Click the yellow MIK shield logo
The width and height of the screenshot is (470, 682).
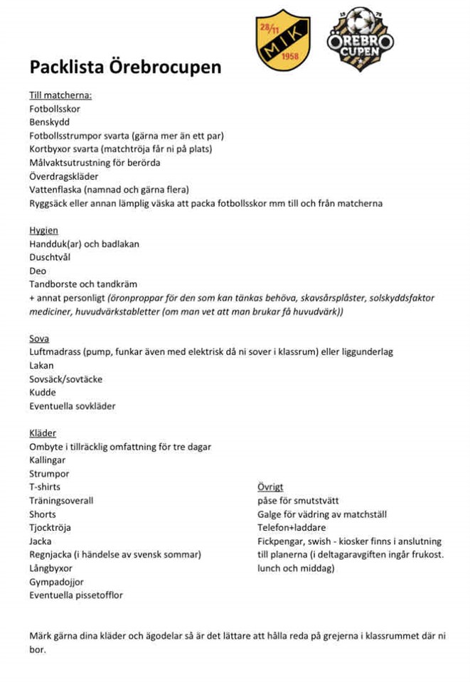click(282, 40)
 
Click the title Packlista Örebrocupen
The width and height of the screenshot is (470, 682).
click(125, 67)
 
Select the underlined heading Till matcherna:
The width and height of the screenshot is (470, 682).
click(60, 95)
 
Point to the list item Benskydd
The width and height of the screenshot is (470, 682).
click(49, 122)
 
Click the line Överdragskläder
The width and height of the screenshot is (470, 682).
click(63, 176)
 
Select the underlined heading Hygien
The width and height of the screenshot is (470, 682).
click(43, 231)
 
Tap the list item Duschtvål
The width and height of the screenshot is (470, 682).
click(50, 258)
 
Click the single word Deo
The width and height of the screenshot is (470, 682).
click(38, 271)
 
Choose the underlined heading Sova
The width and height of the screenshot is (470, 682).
click(39, 339)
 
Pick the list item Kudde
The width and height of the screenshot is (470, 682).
click(42, 393)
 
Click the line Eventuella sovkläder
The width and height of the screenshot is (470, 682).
click(72, 406)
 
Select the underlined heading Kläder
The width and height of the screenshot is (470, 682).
click(43, 433)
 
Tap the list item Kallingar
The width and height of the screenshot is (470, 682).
click(47, 460)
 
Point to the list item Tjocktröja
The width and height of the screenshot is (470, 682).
click(50, 528)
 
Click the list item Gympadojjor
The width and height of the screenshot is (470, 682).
click(56, 582)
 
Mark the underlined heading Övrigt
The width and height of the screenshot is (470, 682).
click(270, 487)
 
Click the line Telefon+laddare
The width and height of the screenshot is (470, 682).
click(292, 528)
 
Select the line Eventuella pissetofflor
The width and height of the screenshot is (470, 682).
click(75, 595)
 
